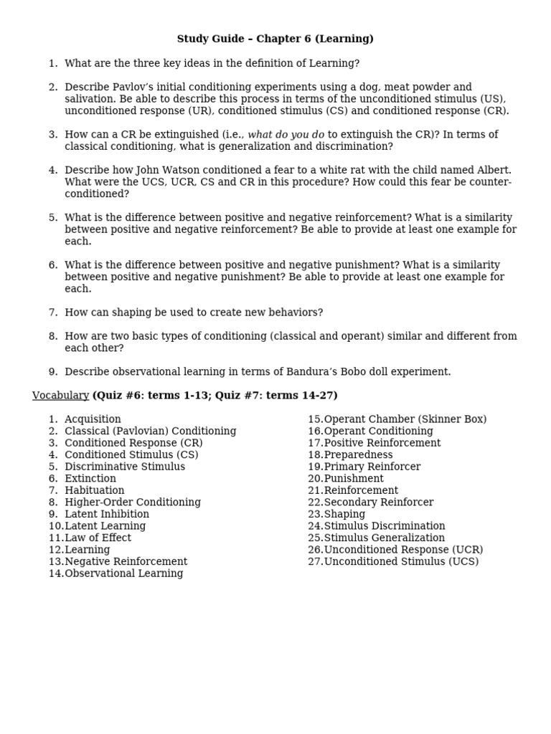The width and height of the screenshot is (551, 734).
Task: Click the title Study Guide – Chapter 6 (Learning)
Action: pyautogui.click(x=275, y=39)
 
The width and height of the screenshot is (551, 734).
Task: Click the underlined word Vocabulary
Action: pyautogui.click(x=60, y=396)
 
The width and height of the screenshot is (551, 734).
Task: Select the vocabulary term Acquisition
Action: pyautogui.click(x=93, y=419)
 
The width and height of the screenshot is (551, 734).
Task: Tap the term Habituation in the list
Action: pyautogui.click(x=94, y=490)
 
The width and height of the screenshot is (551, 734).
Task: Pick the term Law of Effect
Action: pyautogui.click(x=98, y=538)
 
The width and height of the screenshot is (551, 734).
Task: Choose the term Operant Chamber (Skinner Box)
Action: pyautogui.click(x=405, y=419)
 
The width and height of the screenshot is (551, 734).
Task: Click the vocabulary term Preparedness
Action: pyautogui.click(x=358, y=454)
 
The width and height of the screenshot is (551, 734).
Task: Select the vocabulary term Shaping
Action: pyautogui.click(x=344, y=514)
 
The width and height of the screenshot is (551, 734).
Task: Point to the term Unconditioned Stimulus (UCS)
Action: pyautogui.click(x=401, y=561)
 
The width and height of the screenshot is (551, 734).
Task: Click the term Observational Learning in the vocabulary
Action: pyautogui.click(x=123, y=573)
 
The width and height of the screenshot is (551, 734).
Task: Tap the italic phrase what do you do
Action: pyautogui.click(x=286, y=135)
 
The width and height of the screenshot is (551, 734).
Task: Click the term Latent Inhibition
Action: pyautogui.click(x=107, y=514)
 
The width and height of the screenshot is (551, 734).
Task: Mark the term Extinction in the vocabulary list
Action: pyautogui.click(x=90, y=478)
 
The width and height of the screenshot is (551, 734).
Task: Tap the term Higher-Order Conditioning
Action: pyautogui.click(x=133, y=502)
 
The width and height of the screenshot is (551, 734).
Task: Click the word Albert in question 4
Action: pyautogui.click(x=493, y=171)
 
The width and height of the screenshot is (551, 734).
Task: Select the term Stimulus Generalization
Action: pyautogui.click(x=384, y=538)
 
